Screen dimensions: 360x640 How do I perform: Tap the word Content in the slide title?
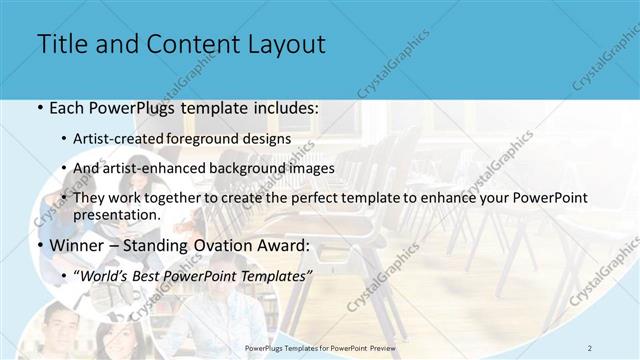pyautogui.click(x=188, y=45)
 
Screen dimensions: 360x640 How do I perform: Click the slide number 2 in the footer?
pyautogui.click(x=590, y=347)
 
